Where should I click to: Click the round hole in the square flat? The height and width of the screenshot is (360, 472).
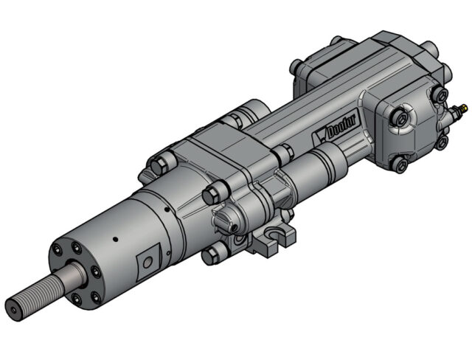[147, 261]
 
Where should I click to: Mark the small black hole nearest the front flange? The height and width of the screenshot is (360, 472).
[116, 239]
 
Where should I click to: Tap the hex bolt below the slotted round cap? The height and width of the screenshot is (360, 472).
[213, 255]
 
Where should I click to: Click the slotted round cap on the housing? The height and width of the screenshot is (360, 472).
[224, 219]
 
